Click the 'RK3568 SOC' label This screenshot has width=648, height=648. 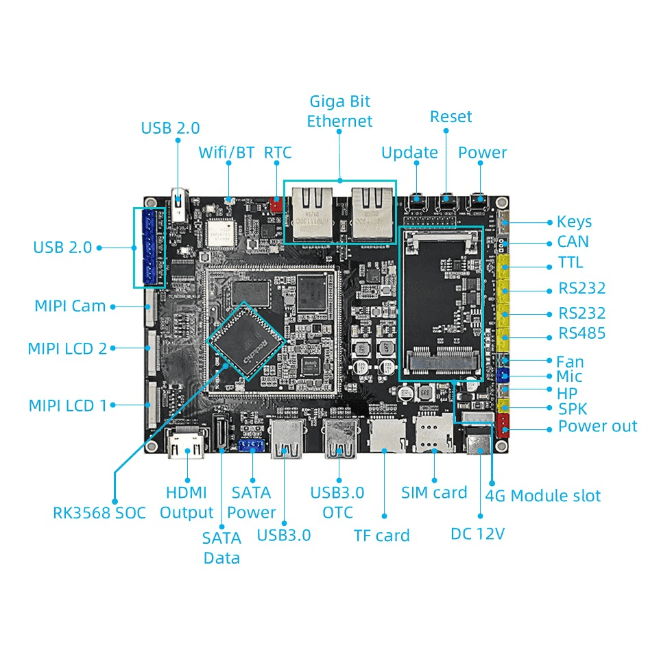click(x=99, y=512)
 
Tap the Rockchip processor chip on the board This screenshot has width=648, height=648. click(x=245, y=340)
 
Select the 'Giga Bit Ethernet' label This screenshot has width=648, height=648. click(x=339, y=111)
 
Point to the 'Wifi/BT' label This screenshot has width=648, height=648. click(x=226, y=152)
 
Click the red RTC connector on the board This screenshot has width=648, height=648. click(x=276, y=204)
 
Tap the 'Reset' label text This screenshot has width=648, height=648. click(x=451, y=117)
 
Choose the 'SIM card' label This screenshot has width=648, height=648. click(x=433, y=492)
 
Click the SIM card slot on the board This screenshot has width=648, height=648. click(x=433, y=434)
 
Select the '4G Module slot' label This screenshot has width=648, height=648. click(x=542, y=496)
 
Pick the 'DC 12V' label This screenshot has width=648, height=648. click(x=477, y=533)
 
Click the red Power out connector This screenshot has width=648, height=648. click(x=503, y=425)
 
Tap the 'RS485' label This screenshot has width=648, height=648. click(x=581, y=334)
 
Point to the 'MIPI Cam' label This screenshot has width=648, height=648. click(x=70, y=306)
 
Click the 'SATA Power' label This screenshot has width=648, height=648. click(x=251, y=502)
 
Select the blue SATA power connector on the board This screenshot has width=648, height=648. click(x=252, y=446)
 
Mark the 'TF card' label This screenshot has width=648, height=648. click(x=381, y=536)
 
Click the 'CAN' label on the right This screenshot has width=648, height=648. click(x=573, y=242)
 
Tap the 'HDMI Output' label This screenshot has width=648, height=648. click(x=187, y=502)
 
